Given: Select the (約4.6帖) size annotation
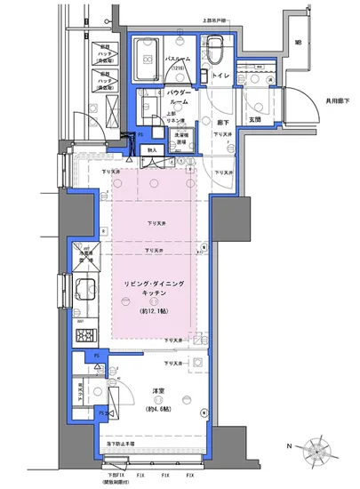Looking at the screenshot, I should point(155,408).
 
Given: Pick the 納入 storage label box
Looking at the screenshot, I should point(152,150).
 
